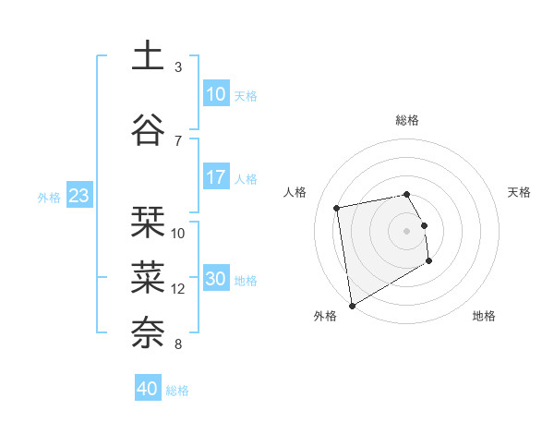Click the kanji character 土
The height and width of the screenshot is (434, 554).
[147, 56]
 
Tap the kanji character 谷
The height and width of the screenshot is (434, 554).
[147, 129]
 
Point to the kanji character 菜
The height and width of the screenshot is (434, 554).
[147, 276]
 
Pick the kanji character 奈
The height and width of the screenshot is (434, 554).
[147, 332]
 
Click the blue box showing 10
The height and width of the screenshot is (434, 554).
[216, 94]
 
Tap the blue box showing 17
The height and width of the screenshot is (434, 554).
[216, 177]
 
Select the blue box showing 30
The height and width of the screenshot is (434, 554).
[216, 279]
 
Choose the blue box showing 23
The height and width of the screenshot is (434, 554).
[78, 196]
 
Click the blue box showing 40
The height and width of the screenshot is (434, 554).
[148, 389]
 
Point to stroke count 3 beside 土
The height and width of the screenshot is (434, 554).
[178, 67]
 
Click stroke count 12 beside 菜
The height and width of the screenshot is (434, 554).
[178, 288]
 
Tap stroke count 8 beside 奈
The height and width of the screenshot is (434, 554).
[178, 344]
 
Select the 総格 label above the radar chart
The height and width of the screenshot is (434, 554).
[407, 120]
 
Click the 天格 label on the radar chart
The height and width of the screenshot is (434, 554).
[520, 192]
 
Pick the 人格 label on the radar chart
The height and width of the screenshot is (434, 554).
[295, 192]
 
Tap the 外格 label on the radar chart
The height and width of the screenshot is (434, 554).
[325, 316]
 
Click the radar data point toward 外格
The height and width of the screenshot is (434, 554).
[351, 305]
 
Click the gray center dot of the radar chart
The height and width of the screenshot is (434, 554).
[407, 230]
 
